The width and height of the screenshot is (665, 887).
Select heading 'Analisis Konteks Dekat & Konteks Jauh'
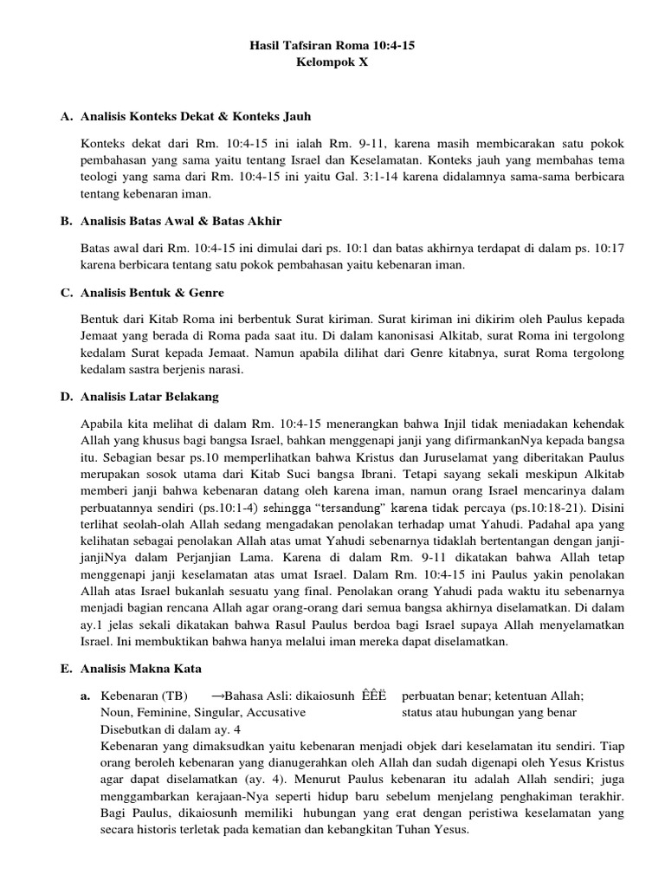[195, 116]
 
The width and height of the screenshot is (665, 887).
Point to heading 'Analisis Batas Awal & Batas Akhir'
[180, 223]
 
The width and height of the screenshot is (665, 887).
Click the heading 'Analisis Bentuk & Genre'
[151, 293]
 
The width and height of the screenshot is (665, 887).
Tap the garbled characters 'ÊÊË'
[374, 696]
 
